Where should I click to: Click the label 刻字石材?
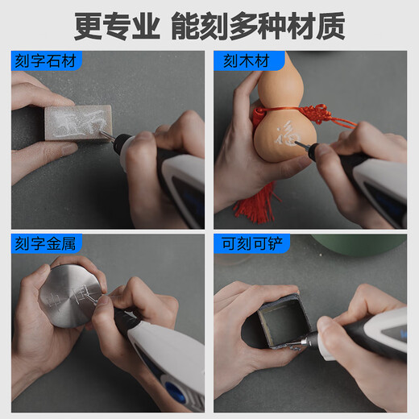pos(47,59)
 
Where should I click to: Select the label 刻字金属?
pos(47,242)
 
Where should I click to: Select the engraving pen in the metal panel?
pos(165,363)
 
